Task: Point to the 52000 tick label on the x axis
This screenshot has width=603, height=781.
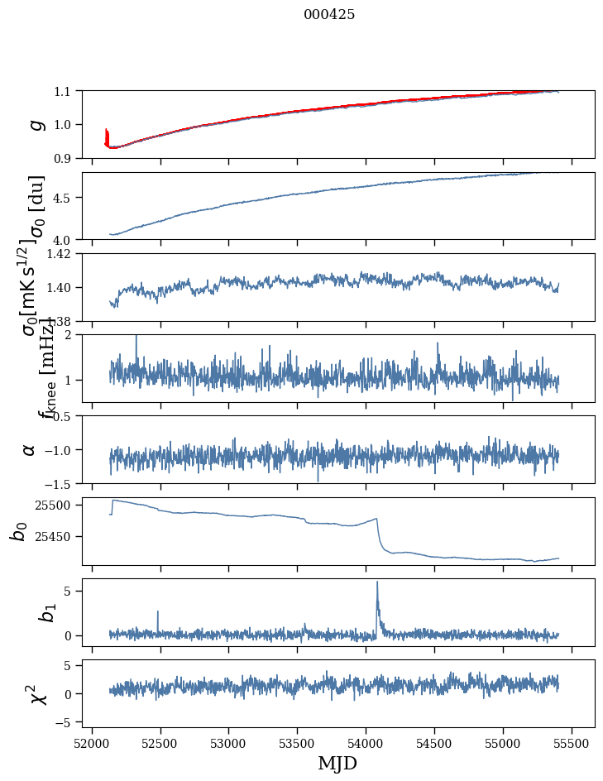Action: (92, 742)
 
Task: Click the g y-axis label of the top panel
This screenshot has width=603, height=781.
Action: (35, 124)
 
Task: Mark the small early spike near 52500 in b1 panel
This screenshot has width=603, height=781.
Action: (157, 612)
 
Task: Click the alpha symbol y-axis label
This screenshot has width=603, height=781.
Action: (30, 449)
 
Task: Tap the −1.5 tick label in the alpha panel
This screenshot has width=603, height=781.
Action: (63, 483)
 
